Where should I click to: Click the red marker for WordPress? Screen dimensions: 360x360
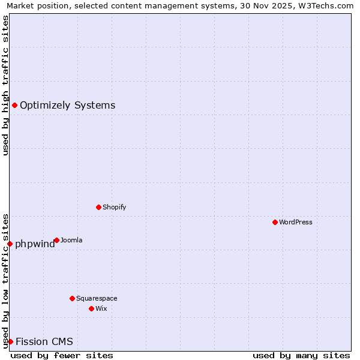275,222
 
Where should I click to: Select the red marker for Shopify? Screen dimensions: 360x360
98,207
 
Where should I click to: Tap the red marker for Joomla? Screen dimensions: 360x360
56,240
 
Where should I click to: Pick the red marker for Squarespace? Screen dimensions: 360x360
72,298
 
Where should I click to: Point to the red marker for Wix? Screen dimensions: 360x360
91,308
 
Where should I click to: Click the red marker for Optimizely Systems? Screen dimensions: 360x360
14,106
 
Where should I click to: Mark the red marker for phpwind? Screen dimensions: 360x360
10,244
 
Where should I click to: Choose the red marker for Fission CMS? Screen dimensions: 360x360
10,341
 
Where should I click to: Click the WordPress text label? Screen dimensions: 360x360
296,222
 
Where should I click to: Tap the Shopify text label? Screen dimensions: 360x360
114,207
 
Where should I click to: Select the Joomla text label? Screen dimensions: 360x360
71,240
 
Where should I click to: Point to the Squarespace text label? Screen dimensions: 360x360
97,298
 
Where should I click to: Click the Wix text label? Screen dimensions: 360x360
101,308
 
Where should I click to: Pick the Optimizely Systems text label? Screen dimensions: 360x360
67,106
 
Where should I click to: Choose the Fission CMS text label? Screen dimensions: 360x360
44,342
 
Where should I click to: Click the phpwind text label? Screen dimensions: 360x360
35,244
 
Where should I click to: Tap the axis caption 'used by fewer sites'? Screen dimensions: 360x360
62,355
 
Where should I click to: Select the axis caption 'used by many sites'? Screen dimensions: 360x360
301,355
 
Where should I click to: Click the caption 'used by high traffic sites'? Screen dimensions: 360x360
5,85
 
